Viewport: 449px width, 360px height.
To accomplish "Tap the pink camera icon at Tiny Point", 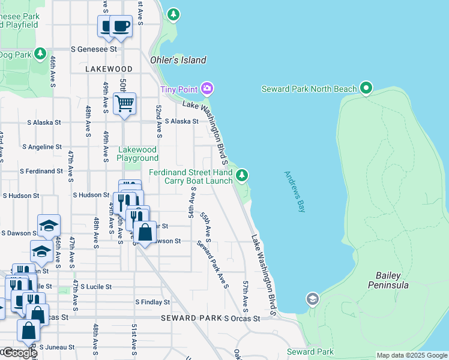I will pyautogui.click(x=207, y=89).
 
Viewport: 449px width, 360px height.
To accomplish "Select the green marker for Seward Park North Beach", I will pyautogui.click(x=366, y=89).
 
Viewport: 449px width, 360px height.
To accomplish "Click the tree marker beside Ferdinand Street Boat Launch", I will pyautogui.click(x=241, y=175).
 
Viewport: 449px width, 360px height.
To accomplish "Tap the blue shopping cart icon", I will pyautogui.click(x=124, y=103).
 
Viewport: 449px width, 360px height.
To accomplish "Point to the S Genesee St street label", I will pyautogui.click(x=93, y=49).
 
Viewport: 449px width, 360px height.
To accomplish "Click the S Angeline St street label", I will pyautogui.click(x=41, y=146).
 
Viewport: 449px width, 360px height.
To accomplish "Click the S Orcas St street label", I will pyautogui.click(x=242, y=318).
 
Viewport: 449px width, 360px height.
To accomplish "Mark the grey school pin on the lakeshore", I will pyautogui.click(x=312, y=298).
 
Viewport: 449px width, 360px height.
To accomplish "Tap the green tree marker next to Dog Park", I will pyautogui.click(x=40, y=54).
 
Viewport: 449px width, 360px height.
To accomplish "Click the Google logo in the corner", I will pyautogui.click(x=19, y=353).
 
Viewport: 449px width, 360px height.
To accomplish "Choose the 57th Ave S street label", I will pyautogui.click(x=246, y=295).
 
